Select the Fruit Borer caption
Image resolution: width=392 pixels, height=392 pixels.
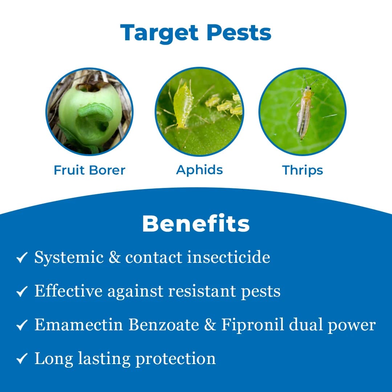pyautogui.click(x=89, y=170)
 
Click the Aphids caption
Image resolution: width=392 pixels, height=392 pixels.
pyautogui.click(x=199, y=170)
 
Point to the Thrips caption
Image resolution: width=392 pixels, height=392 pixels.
pyautogui.click(x=302, y=170)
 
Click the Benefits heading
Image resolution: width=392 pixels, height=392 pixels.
pyautogui.click(x=196, y=224)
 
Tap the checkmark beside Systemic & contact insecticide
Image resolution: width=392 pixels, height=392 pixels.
pyautogui.click(x=22, y=258)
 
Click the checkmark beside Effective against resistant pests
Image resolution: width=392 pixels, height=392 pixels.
pyautogui.click(x=22, y=291)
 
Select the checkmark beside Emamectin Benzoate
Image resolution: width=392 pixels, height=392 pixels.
pyautogui.click(x=22, y=325)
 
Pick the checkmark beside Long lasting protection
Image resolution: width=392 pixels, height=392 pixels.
pyautogui.click(x=22, y=359)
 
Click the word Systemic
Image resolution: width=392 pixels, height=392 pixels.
pyautogui.click(x=69, y=258)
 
